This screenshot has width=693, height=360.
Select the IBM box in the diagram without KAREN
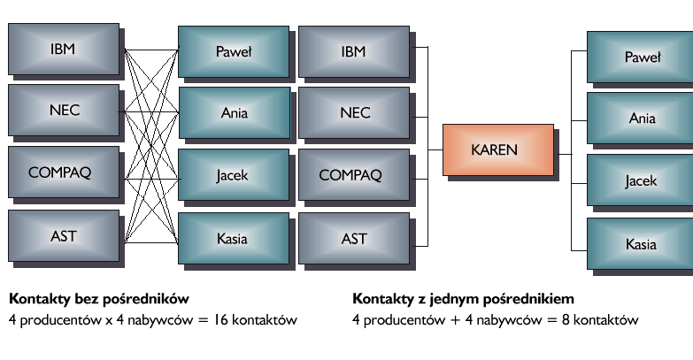[63, 50]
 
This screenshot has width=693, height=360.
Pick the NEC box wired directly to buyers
[63, 111]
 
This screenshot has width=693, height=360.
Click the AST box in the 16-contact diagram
[63, 236]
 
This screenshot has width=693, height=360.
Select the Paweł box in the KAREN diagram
[642, 58]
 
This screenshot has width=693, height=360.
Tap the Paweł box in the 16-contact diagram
[234, 52]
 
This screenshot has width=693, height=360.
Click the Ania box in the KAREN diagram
[642, 119]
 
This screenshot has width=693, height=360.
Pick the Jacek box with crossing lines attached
[234, 174]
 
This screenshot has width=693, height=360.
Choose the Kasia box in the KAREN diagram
[642, 244]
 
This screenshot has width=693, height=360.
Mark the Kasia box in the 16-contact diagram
[234, 239]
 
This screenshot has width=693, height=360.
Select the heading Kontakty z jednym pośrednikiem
[469, 299]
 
